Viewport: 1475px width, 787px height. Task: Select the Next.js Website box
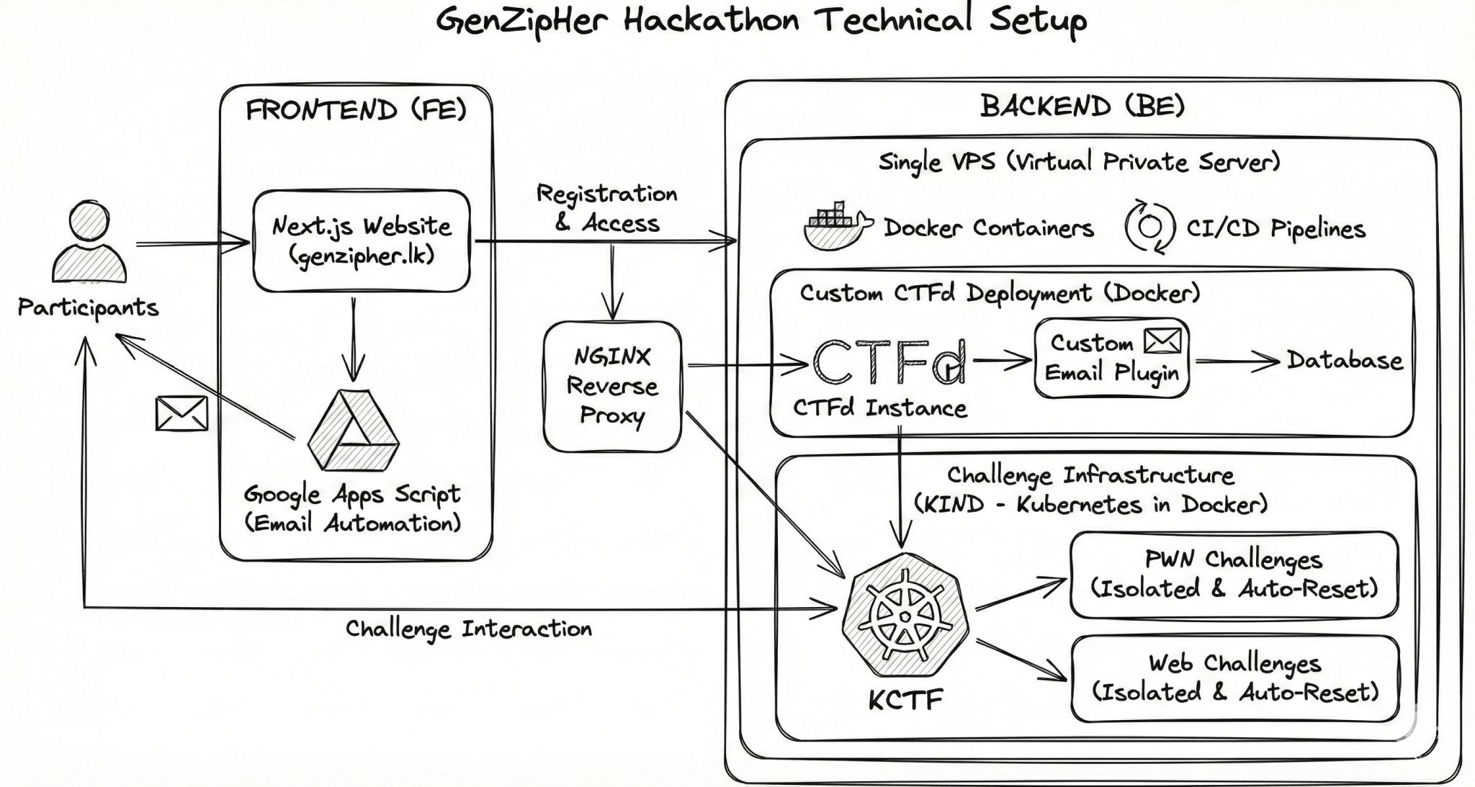coord(361,241)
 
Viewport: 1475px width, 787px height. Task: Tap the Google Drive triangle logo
coord(353,431)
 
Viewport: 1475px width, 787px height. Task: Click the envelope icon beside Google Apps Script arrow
coord(181,413)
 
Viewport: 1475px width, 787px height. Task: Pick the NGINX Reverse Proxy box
coord(612,387)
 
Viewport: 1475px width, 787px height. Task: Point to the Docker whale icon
coord(835,227)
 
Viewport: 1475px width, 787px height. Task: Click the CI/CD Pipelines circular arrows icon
coord(1149,227)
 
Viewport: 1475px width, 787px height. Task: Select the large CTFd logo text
coord(889,362)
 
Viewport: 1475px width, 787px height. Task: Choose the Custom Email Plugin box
coord(1111,358)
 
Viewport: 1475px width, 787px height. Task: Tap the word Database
coord(1345,360)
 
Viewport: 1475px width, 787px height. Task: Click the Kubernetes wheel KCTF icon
coord(905,616)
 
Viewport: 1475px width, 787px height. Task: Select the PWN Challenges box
coord(1234,575)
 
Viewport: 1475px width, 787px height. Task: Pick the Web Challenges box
coord(1234,678)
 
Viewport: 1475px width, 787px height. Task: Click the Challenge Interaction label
coord(469,629)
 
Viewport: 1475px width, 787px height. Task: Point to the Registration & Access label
coord(607,208)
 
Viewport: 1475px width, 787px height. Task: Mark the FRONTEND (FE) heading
coord(357,110)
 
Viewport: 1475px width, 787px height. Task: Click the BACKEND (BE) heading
coord(1082,107)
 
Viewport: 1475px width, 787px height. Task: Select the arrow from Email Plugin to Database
coord(1236,361)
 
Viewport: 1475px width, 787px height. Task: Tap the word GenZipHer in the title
coord(521,20)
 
